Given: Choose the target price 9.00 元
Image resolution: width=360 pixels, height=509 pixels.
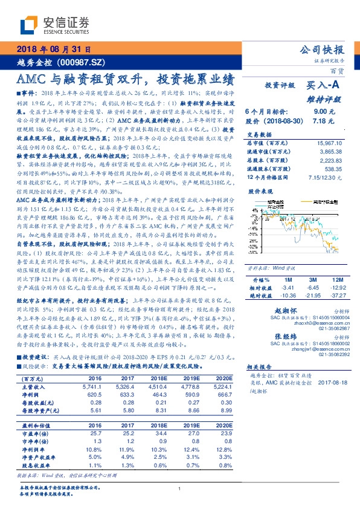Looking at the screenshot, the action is (x=320, y=112).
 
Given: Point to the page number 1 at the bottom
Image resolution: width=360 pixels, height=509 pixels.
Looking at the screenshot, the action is (x=180, y=489).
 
